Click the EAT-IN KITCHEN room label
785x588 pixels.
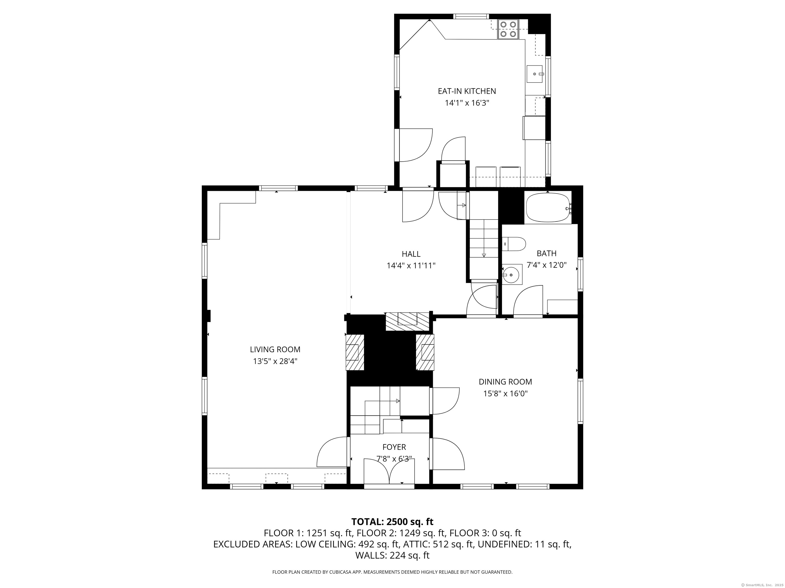point(467,91)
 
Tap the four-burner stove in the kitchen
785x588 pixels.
point(508,29)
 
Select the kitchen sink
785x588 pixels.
point(534,74)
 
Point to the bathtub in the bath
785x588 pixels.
point(548,207)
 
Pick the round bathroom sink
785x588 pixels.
point(511,275)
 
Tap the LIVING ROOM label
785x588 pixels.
point(275,349)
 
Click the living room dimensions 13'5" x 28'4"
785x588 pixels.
point(275,361)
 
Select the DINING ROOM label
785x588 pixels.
point(505,382)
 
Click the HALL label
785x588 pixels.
point(411,254)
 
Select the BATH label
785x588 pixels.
point(547,253)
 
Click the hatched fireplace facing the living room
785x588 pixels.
point(355,352)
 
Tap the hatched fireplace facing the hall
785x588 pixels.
point(407,321)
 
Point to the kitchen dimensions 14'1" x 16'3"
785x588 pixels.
point(467,103)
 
